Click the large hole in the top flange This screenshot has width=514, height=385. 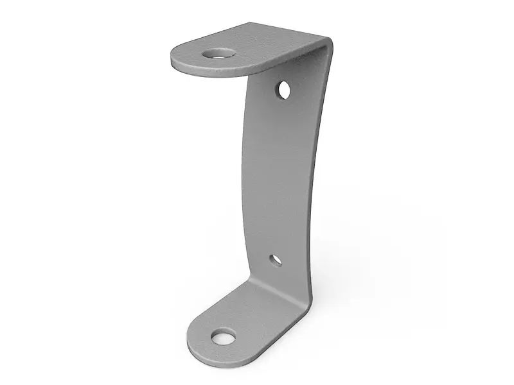coord(219,53)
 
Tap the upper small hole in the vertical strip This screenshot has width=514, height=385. coord(283,90)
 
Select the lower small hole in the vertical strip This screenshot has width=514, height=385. coord(275,261)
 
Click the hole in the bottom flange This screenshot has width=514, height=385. coord(223,336)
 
